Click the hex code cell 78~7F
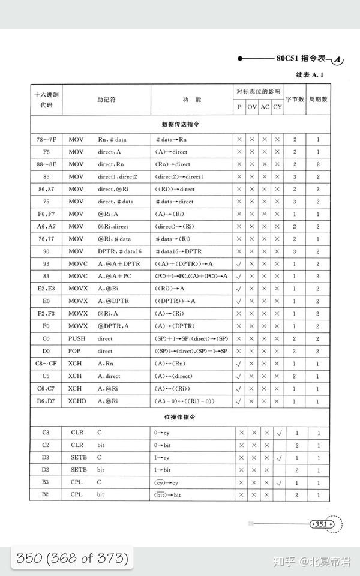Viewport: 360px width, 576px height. (x=46, y=140)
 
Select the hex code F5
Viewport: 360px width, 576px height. (x=46, y=152)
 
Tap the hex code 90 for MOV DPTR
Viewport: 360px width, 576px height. (x=46, y=251)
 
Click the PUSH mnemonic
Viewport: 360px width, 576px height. (x=77, y=338)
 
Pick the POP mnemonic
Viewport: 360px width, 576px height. (x=76, y=350)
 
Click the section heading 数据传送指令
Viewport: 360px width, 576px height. (x=180, y=124)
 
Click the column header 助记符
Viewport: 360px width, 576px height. (x=106, y=99)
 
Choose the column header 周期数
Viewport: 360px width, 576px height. (x=319, y=99)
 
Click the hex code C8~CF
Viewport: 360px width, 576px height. (x=46, y=363)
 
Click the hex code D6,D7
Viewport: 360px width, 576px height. (x=46, y=401)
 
